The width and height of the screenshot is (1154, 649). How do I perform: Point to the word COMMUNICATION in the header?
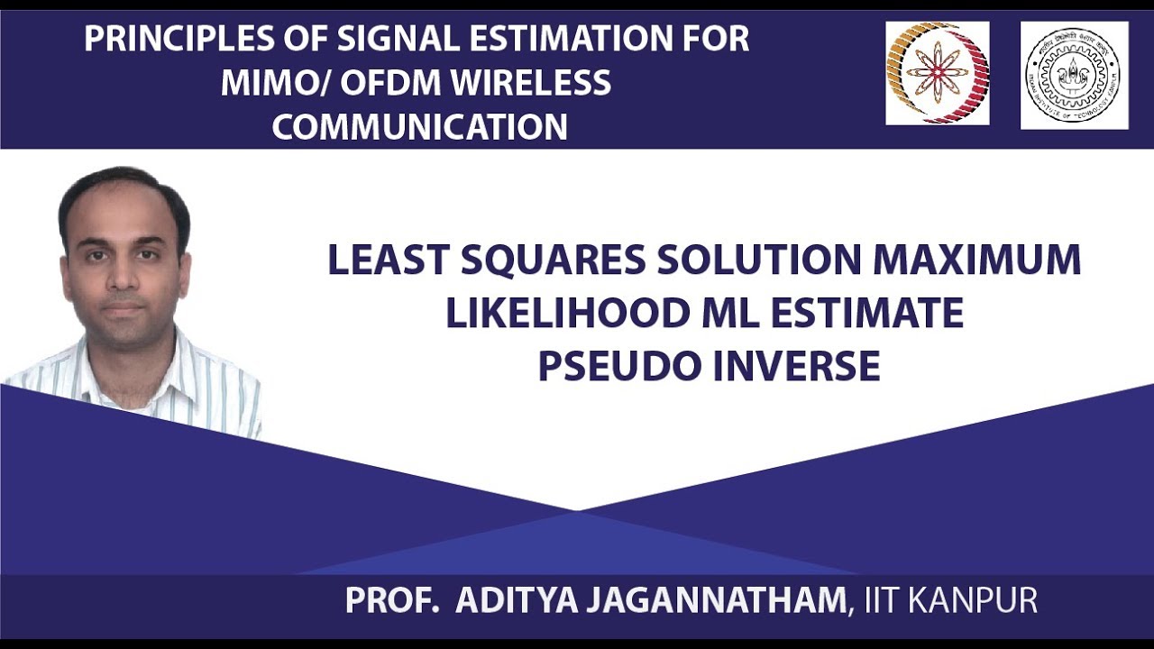pos(420,127)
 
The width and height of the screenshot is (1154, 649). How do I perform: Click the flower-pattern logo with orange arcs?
pos(938,73)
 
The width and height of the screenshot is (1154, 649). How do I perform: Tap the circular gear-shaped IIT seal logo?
pos(1074,75)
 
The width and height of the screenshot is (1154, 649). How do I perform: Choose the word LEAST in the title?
pos(389,261)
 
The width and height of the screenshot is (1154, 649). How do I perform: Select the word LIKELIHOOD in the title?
pos(567,314)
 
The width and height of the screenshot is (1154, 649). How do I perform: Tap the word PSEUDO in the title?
pos(614,367)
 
